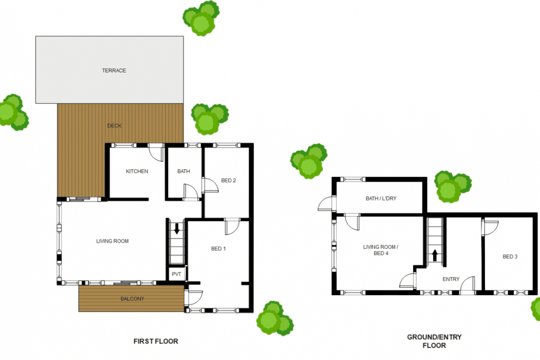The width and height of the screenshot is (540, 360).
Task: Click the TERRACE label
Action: [114, 70]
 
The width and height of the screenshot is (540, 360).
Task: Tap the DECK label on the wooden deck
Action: [114, 126]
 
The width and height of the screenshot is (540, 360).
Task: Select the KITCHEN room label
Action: [137, 171]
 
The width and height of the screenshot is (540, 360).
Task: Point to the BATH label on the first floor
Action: [184, 171]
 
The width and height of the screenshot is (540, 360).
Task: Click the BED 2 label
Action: [228, 180]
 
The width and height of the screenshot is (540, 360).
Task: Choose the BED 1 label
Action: [218, 249]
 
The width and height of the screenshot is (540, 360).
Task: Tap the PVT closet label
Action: [176, 274]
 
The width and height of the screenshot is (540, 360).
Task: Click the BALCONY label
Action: [132, 299]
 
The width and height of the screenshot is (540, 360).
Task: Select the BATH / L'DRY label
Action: [381, 198]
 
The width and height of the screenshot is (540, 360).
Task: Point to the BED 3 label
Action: [510, 257]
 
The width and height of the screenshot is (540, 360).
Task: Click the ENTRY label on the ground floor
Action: [451, 279]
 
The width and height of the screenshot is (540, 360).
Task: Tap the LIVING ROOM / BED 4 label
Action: [381, 250]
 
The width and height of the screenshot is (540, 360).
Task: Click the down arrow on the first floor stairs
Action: [177, 228]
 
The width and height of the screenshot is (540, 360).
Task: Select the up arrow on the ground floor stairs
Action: [435, 255]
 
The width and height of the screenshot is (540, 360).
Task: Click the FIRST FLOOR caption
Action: [156, 342]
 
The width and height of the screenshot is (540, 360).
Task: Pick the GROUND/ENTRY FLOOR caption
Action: [434, 341]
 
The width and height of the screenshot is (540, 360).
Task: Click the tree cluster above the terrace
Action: [201, 18]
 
